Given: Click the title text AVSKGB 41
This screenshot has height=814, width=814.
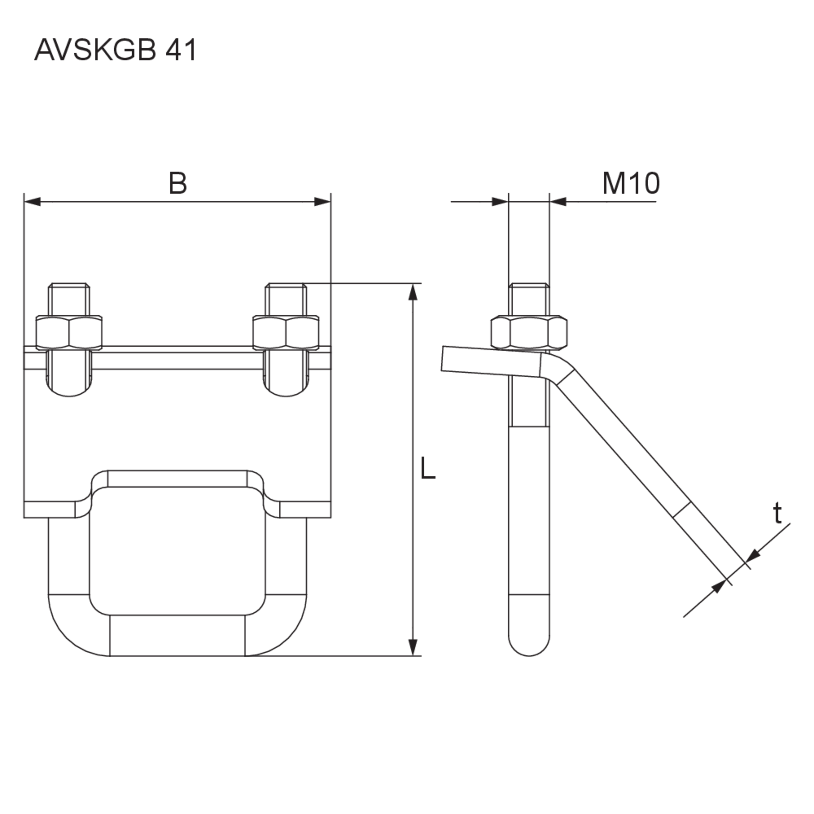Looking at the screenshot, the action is pyautogui.click(x=115, y=50).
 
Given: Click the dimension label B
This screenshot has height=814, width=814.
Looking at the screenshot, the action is pyautogui.click(x=177, y=184).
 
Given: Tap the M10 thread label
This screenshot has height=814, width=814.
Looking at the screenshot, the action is pyautogui.click(x=631, y=184).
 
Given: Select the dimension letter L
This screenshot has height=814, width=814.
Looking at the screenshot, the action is pyautogui.click(x=428, y=468).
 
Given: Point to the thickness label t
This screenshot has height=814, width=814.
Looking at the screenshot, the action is pyautogui.click(x=777, y=513).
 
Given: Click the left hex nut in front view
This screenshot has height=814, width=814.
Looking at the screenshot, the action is pyautogui.click(x=69, y=333).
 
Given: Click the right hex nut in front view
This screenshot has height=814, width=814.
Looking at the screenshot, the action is pyautogui.click(x=286, y=333).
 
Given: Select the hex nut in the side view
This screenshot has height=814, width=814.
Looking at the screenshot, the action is pyautogui.click(x=529, y=333).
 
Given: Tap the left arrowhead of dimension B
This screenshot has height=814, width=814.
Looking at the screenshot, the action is pyautogui.click(x=32, y=202).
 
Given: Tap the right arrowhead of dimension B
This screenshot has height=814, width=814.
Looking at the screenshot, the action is pyautogui.click(x=323, y=202).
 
